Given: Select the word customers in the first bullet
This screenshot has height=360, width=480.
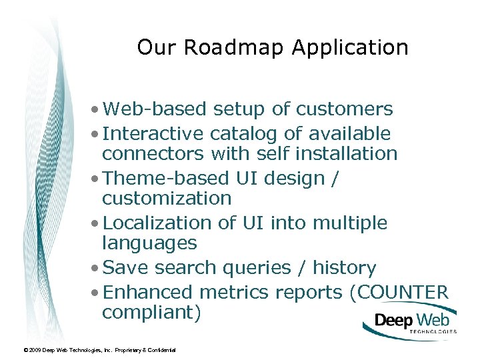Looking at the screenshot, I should (x=345, y=109).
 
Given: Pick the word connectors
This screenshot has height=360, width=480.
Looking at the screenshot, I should (x=153, y=154).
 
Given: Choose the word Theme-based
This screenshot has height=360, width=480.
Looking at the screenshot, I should (x=167, y=178).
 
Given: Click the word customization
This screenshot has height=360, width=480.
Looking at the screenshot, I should (x=167, y=199).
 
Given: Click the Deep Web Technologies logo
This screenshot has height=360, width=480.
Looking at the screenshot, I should (x=411, y=322).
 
